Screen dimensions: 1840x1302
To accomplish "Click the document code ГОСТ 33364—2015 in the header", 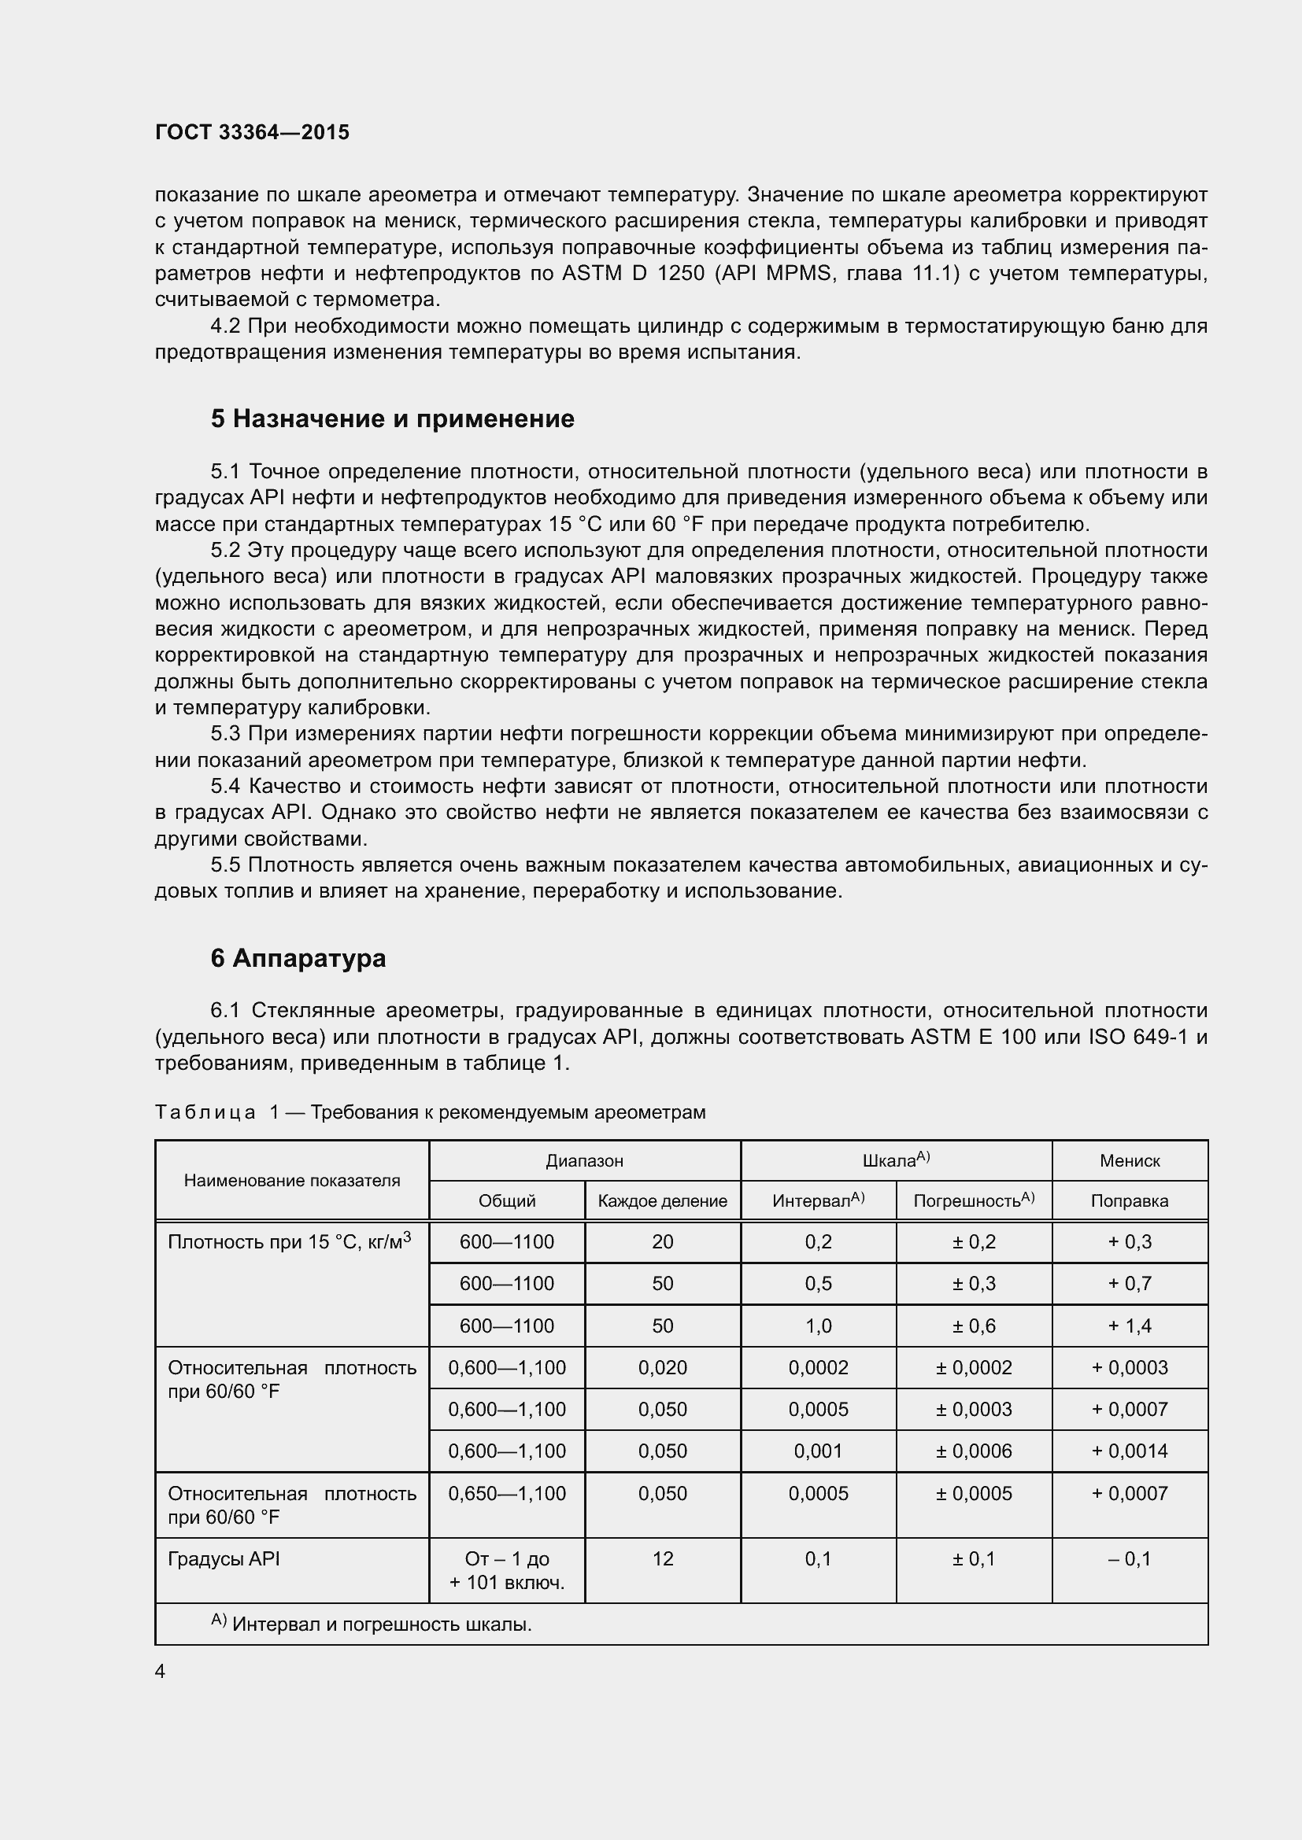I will point(252,132).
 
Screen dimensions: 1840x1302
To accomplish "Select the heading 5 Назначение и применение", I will point(392,419).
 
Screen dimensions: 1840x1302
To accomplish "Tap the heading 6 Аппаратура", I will point(298,957).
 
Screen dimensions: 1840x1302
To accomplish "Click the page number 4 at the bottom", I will point(161,1671).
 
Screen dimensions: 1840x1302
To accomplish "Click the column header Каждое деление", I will point(662,1200).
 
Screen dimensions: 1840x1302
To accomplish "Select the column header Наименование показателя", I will point(292,1180).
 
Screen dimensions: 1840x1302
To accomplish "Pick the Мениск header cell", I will point(1129,1160).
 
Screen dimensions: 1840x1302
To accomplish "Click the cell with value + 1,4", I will point(1129,1326).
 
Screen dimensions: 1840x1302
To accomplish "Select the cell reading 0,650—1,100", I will point(507,1493).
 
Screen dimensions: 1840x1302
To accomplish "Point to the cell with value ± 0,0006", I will point(973,1451).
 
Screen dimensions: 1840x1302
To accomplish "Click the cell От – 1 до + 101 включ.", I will point(507,1570).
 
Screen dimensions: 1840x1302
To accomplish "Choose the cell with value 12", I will point(662,1558).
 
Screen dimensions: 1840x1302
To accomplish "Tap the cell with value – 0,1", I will point(1129,1558).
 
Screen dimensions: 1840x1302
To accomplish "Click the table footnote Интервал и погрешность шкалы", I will point(382,1624).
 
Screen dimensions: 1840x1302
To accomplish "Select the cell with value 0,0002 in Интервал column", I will point(818,1367).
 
